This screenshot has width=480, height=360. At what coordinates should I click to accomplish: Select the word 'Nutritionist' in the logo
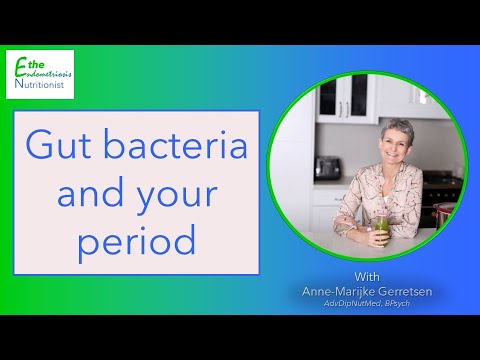45,87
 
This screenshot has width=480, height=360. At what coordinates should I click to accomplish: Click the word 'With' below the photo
367,275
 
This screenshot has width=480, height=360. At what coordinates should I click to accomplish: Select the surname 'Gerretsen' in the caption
406,291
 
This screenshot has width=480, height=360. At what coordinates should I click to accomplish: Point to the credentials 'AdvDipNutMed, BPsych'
367,305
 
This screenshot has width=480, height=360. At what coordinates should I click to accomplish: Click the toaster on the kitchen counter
327,168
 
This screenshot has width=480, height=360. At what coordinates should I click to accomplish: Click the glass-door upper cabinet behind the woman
329,99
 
